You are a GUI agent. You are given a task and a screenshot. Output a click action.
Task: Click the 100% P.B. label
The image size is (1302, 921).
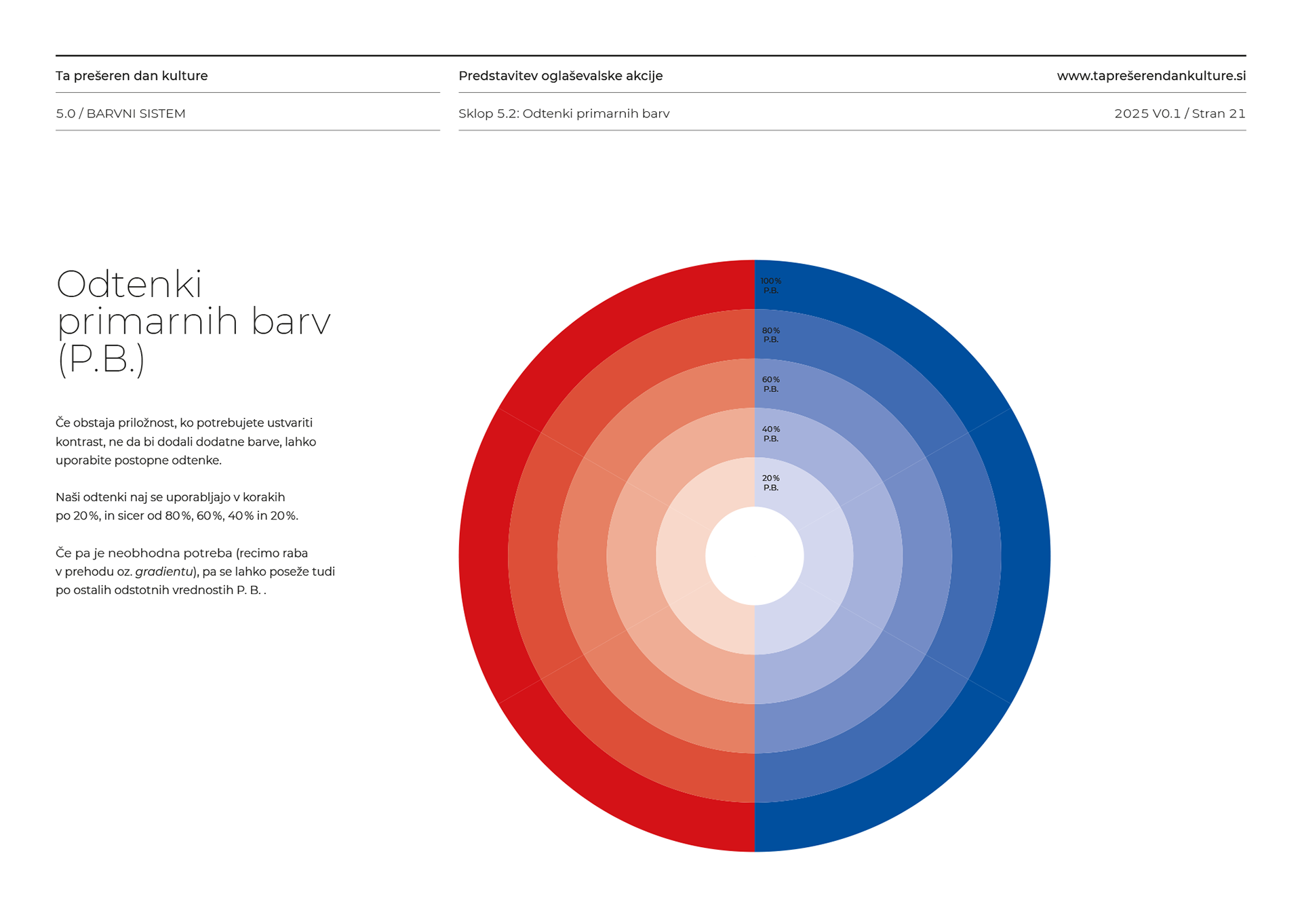click(770, 286)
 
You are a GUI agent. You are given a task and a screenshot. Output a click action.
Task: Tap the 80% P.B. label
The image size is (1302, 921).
click(770, 335)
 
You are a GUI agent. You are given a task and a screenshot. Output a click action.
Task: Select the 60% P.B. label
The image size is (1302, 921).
click(770, 385)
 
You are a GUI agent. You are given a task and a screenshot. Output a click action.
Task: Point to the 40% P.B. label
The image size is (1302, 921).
click(770, 434)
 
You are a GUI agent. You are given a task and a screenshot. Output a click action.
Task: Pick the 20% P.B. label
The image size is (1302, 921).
click(770, 483)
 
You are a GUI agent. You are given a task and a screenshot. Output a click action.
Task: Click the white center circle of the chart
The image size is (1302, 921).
click(754, 556)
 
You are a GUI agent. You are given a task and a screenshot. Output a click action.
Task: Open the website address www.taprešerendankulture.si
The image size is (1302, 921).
click(1151, 76)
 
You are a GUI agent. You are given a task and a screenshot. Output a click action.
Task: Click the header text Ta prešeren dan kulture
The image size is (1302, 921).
click(132, 76)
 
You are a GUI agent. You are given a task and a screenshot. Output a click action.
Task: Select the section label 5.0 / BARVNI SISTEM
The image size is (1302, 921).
click(121, 114)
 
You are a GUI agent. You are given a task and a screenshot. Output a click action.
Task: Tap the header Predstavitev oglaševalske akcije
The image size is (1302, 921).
click(560, 76)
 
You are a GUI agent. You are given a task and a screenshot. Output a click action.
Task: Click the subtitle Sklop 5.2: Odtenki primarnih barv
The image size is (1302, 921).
click(564, 114)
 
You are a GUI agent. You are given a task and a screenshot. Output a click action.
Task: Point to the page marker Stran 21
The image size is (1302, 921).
click(1219, 114)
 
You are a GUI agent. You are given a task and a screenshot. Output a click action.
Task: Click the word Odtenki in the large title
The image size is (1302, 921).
click(129, 284)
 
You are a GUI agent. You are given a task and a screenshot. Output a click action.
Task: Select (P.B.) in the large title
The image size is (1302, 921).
click(102, 359)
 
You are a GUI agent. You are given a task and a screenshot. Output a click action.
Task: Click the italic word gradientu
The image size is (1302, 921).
click(164, 572)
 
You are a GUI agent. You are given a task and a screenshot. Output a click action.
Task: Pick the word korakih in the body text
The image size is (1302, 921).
click(262, 497)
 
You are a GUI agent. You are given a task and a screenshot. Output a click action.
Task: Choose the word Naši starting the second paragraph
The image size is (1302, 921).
click(68, 497)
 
